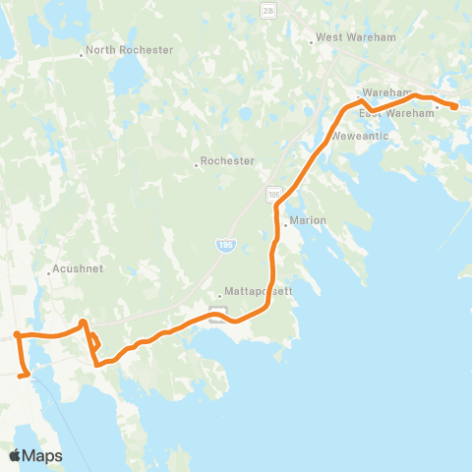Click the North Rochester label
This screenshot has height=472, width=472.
[131, 50]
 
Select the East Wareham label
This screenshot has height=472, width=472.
[396, 113]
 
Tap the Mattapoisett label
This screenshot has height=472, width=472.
[258, 291]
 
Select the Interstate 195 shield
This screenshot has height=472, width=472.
[225, 243]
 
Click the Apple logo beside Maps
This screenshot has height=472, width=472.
[15, 456]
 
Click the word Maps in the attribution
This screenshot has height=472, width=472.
[43, 456]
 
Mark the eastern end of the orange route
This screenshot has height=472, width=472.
[456, 106]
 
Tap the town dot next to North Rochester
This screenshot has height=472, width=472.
[82, 55]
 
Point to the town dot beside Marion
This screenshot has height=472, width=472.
[285, 225]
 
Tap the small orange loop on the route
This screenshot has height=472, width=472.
[94, 343]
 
